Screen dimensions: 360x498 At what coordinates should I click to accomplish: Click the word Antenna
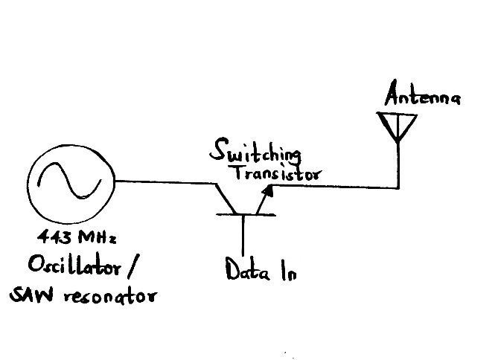tap(422, 97)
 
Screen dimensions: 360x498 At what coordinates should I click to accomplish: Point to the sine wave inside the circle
tap(69, 183)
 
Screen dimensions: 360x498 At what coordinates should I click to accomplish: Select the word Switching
tap(255, 153)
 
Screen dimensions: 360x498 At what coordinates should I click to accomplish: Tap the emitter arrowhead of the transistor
tap(266, 191)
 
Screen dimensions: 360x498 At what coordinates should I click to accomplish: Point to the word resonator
tap(108, 297)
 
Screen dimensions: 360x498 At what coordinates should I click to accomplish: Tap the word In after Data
tap(288, 271)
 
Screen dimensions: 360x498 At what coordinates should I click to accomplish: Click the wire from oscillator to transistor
tap(160, 180)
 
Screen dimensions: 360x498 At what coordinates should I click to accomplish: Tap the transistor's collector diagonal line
tap(223, 198)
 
